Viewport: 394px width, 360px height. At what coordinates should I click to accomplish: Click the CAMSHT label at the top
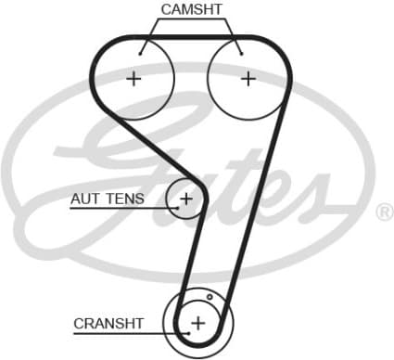[x=191, y=9]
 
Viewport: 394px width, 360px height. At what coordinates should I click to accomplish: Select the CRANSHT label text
[x=108, y=324]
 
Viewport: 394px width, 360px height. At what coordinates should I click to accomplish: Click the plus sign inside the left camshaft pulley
[x=134, y=79]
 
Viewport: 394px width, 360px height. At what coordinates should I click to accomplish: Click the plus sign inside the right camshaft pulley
[x=248, y=79]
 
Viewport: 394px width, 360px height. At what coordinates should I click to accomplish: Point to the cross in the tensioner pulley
[x=186, y=198]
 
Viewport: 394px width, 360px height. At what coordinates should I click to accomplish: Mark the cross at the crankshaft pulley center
[x=197, y=323]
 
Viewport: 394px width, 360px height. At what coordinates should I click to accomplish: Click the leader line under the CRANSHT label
[x=121, y=333]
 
